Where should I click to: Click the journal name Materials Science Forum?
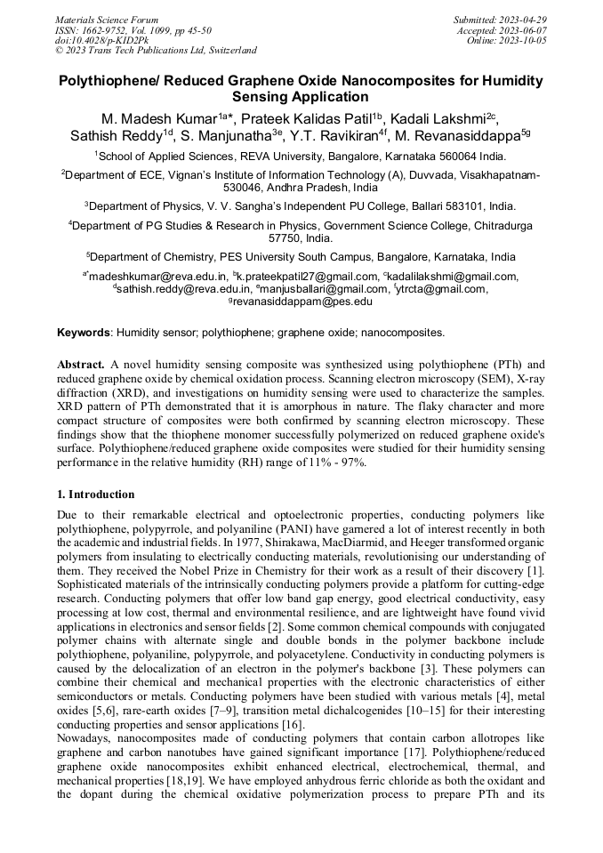point(107,20)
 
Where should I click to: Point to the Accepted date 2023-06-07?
point(525,30)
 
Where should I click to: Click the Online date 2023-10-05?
point(526,41)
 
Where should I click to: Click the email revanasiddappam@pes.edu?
point(303,302)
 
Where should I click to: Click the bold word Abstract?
point(81,365)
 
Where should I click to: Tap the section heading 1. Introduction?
point(96,495)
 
